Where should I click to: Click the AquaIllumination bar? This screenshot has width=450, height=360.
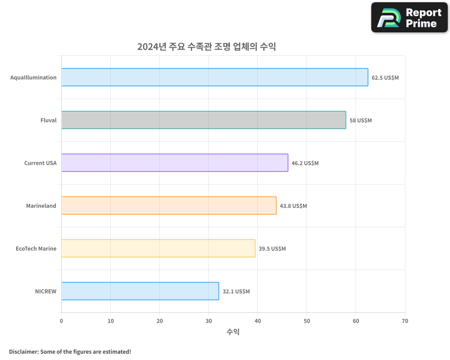pos(215,77)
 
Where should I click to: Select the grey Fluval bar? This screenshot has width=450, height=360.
pos(203,120)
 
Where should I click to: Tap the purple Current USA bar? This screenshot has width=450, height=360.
pos(175,163)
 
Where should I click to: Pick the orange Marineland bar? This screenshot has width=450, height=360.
pos(169,206)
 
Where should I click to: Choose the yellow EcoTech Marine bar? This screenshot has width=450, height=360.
pos(158,248)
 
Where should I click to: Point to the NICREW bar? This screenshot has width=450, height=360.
pos(140,291)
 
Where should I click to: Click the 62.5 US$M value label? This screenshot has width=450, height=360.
pos(385,77)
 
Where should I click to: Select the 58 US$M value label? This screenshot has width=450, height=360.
pos(361,120)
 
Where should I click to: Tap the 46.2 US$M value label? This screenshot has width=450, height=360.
pos(305,163)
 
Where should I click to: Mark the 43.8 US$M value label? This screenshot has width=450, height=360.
pos(293,206)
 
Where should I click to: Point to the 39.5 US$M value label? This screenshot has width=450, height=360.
pos(272,248)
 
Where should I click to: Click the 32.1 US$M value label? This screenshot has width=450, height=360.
pos(236,291)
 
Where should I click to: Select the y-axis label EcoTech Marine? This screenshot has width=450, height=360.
pos(36,248)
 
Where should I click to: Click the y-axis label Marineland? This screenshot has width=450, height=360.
pos(41,206)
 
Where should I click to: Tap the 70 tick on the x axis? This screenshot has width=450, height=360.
pos(405,321)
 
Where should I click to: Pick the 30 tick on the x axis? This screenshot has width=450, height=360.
pos(208,321)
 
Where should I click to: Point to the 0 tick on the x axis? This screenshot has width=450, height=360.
pos(61,321)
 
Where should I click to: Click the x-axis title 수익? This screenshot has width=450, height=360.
pos(233,332)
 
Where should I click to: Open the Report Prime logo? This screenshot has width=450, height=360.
pos(409,18)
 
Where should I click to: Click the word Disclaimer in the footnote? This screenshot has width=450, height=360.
pos(23,351)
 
